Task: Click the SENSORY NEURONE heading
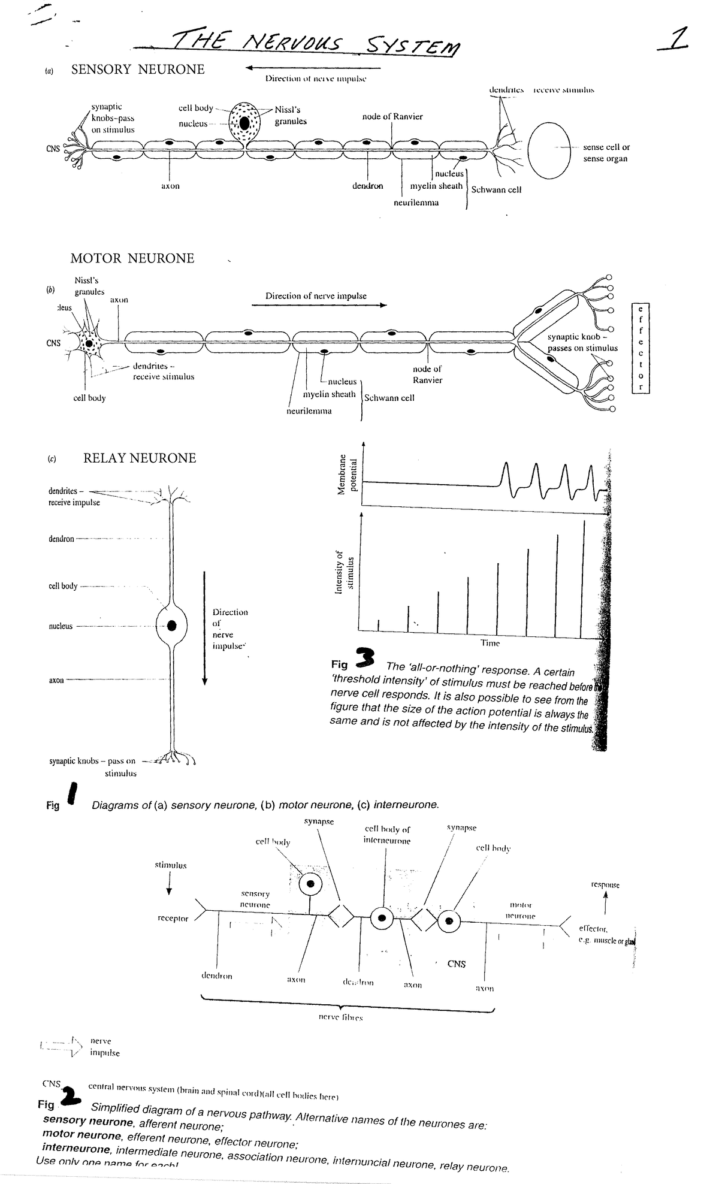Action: [x=138, y=70]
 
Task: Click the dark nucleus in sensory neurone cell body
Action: [x=246, y=122]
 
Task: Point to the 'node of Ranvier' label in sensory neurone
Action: [x=392, y=117]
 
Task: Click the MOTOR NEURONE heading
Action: [x=132, y=258]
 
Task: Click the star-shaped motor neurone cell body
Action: [x=90, y=344]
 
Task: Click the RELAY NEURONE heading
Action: [x=140, y=458]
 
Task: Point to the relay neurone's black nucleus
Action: [x=173, y=626]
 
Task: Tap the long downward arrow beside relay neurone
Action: [x=205, y=626]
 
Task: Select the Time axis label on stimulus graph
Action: [x=490, y=643]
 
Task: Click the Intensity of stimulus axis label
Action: [x=345, y=572]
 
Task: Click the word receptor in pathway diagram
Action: [x=173, y=919]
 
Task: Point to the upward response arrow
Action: [x=605, y=904]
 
